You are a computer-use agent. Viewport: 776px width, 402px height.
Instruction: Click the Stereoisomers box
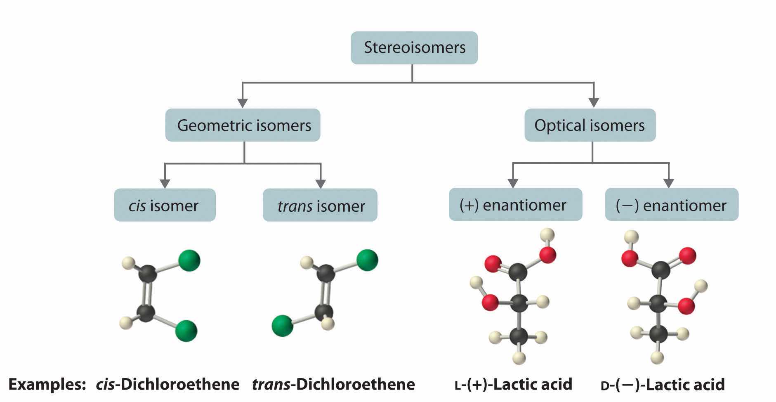[414, 47]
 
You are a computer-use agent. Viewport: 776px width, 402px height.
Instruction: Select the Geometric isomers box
[243, 125]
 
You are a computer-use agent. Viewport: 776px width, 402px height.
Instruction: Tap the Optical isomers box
[590, 125]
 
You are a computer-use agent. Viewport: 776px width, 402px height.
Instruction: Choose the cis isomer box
[165, 205]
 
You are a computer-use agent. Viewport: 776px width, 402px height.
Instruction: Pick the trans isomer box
[320, 205]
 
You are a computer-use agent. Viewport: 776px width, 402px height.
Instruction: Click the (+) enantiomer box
[515, 205]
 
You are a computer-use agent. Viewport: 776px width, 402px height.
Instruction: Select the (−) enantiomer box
[671, 205]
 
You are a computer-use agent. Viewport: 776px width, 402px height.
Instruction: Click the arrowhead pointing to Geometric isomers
[243, 103]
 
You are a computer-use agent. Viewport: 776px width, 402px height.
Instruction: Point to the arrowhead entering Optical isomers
[594, 103]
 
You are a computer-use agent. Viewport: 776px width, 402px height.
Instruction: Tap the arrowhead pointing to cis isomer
[165, 183]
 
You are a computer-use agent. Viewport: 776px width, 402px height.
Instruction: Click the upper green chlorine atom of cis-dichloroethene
[189, 260]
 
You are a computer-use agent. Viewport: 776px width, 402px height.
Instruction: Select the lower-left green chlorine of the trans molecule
[283, 326]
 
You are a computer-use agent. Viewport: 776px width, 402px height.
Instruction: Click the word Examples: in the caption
[46, 384]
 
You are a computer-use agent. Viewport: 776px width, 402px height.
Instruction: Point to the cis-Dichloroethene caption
[167, 384]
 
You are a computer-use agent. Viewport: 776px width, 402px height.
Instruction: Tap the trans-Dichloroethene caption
[333, 384]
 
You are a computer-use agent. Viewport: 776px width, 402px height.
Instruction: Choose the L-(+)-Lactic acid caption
[513, 384]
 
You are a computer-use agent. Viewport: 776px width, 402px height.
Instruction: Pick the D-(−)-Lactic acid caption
[663, 385]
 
